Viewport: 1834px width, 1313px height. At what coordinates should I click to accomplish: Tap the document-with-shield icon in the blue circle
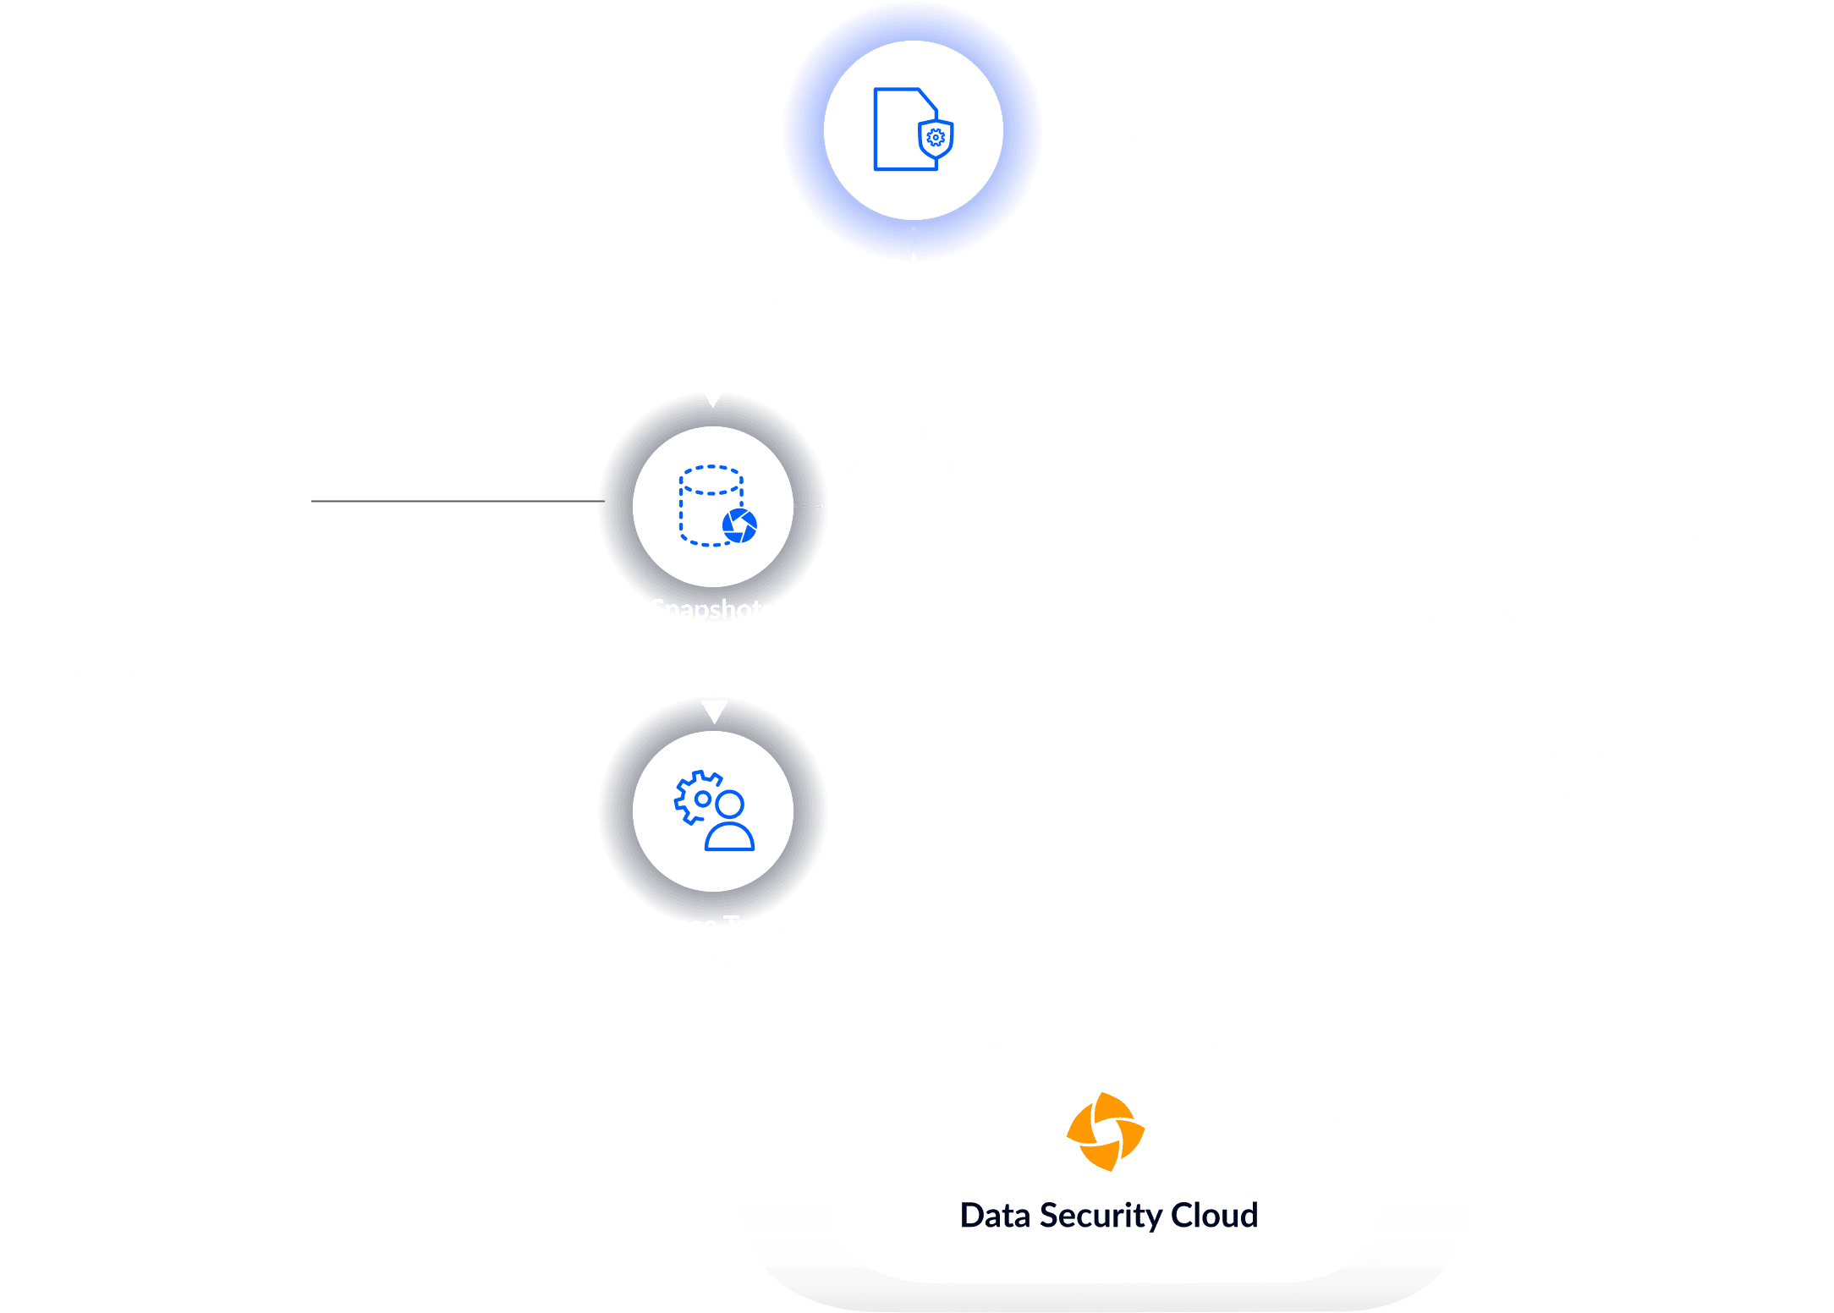tap(913, 129)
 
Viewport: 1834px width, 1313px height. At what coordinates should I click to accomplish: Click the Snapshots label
tap(711, 610)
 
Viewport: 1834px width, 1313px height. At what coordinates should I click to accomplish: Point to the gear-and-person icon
tap(714, 810)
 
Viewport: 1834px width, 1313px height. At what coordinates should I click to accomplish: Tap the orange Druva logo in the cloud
tap(1105, 1132)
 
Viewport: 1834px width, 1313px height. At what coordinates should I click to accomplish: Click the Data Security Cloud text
tap(1108, 1216)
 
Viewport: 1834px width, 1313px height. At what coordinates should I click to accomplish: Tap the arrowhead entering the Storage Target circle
tap(714, 711)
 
